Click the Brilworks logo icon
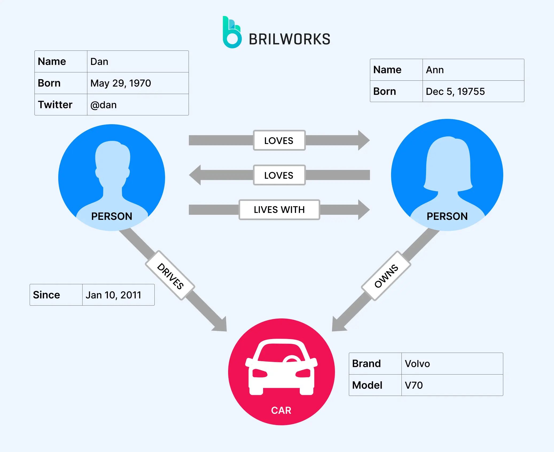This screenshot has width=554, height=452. [232, 33]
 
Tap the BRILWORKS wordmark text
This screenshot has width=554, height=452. [289, 39]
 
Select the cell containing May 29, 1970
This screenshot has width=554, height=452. [121, 83]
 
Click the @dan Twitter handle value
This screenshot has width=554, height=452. [104, 105]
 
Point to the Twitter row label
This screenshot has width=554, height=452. [55, 105]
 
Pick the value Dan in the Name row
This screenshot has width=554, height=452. [99, 62]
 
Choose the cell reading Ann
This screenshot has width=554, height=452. [435, 70]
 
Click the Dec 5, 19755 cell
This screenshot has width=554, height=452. [455, 92]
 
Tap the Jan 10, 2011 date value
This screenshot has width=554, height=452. [113, 295]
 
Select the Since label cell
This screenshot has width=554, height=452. [46, 295]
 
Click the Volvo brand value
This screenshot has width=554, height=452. [417, 364]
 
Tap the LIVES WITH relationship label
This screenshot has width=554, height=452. [279, 210]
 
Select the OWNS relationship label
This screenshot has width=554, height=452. [386, 276]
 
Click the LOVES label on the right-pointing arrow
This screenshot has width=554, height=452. [279, 141]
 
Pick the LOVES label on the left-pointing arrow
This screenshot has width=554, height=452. [279, 176]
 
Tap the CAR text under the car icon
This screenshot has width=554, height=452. [281, 410]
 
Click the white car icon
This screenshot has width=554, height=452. [281, 367]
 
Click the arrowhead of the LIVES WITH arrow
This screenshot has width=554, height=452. [364, 210]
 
